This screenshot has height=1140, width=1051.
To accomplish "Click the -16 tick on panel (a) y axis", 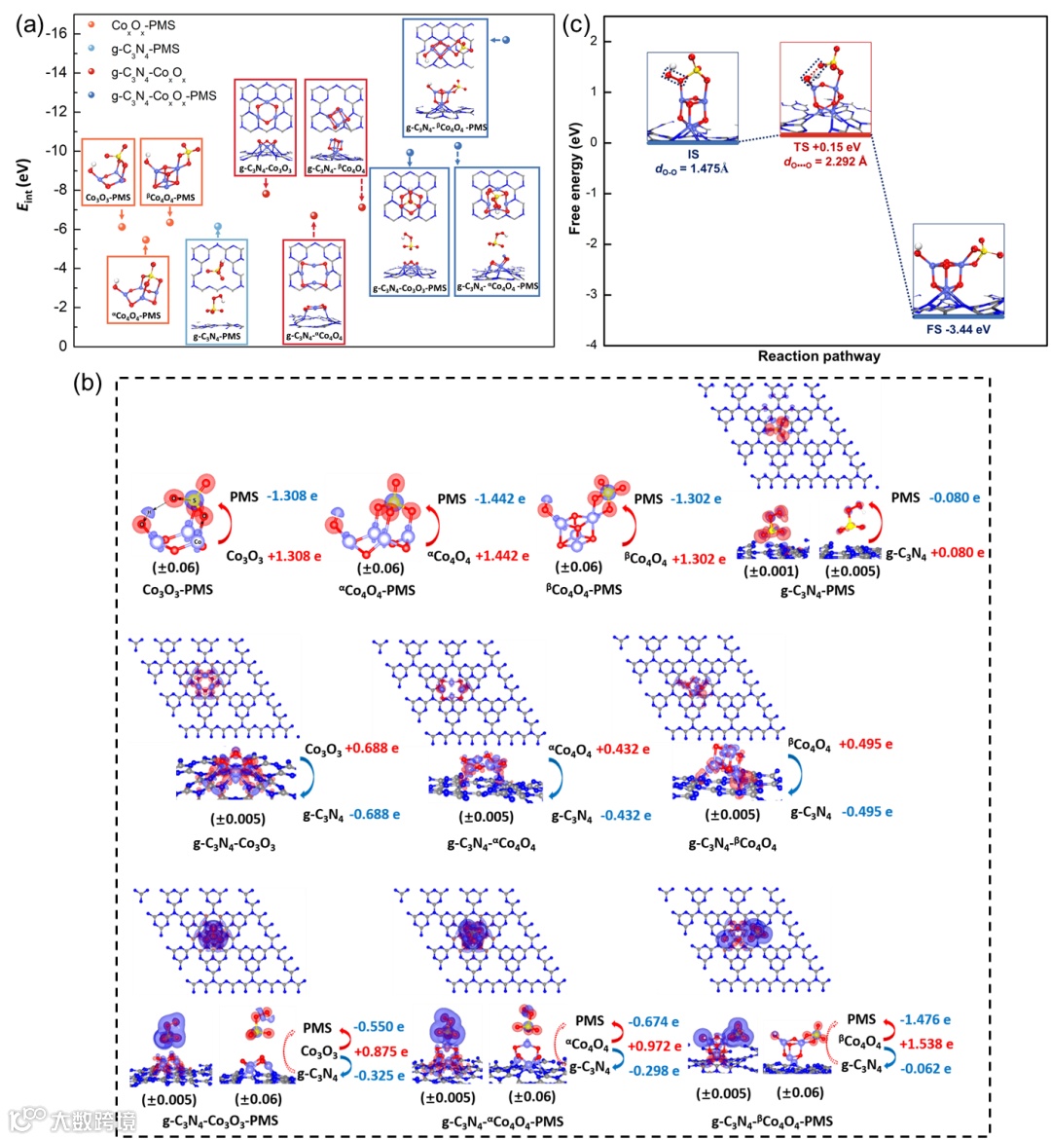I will (x=57, y=33).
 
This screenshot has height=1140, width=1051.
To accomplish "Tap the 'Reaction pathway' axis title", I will (x=818, y=356).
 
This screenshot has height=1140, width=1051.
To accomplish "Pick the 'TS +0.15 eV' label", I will (x=826, y=147).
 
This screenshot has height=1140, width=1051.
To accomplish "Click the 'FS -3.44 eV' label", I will (x=958, y=329).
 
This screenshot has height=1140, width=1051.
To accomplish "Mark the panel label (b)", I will (x=88, y=384).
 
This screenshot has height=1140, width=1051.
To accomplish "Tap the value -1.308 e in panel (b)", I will (x=293, y=496).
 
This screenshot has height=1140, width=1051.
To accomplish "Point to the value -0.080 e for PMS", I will (x=955, y=497).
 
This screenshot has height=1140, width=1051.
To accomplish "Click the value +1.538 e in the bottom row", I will (x=925, y=1044).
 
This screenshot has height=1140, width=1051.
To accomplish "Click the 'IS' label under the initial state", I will (x=693, y=155).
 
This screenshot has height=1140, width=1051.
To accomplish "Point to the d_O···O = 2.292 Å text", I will (x=825, y=162).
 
